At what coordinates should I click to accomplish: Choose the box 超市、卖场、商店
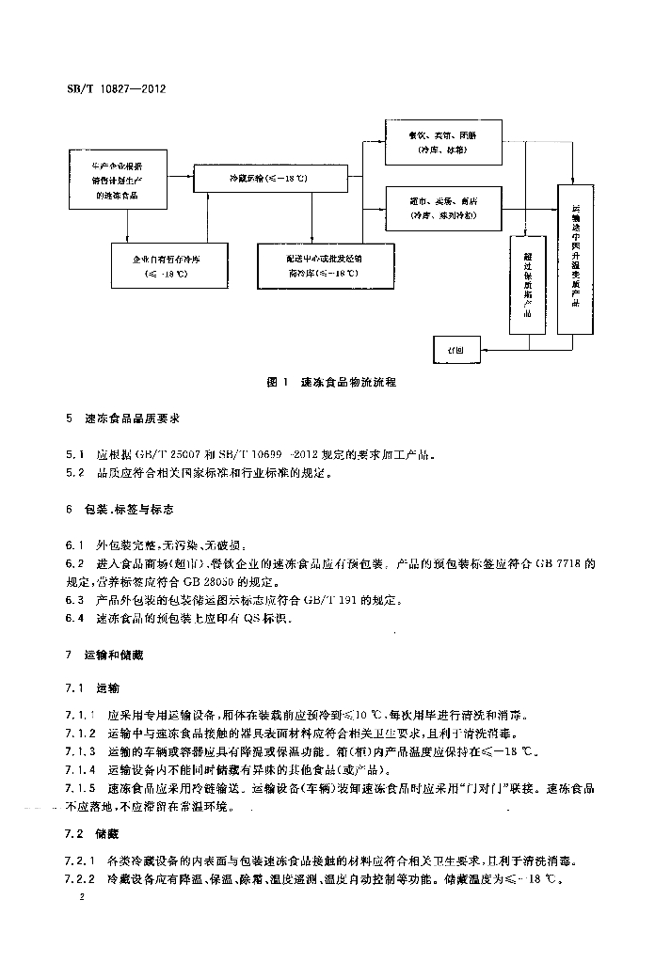click(x=443, y=208)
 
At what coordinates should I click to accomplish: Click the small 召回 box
click(x=455, y=348)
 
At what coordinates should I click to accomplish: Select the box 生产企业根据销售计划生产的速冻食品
click(x=119, y=178)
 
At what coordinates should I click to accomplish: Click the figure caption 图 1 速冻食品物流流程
click(x=331, y=383)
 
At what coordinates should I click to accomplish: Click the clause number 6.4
click(x=75, y=618)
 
